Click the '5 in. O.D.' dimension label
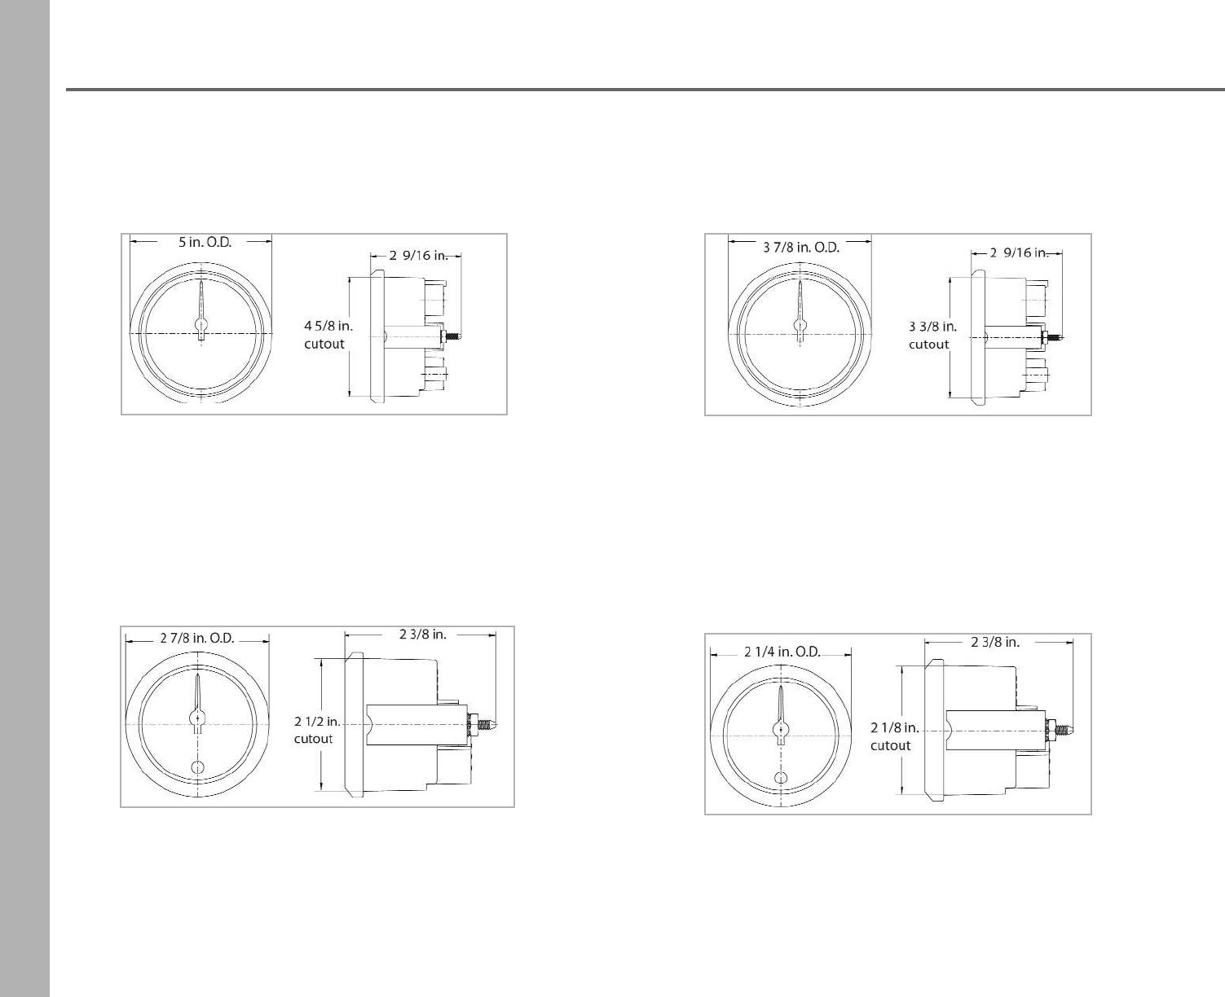(x=205, y=243)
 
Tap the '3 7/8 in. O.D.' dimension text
(x=801, y=248)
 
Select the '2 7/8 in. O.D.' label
(x=197, y=639)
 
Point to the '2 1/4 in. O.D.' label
(x=782, y=652)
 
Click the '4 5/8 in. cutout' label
(x=328, y=335)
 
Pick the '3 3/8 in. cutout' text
(x=932, y=336)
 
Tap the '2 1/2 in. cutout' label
(x=318, y=730)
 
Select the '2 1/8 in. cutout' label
(x=894, y=736)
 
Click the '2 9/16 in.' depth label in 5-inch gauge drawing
(x=419, y=256)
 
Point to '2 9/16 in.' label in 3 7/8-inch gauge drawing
(x=1019, y=253)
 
